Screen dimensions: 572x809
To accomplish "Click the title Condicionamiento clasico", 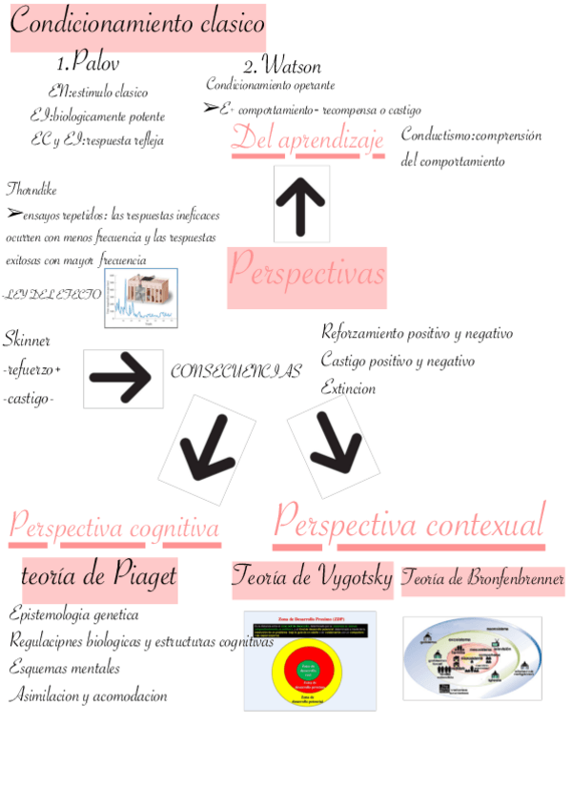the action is (137, 26).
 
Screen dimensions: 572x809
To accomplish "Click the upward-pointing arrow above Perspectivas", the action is (301, 203).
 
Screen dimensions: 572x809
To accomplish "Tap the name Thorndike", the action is (31, 186).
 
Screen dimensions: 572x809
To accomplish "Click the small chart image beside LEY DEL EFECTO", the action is (142, 298).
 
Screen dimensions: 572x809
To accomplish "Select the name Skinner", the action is (27, 340).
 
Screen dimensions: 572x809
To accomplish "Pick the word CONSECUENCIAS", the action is (235, 372).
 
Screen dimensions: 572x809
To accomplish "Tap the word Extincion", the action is (348, 388).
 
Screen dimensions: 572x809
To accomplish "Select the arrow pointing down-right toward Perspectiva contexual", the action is (329, 440).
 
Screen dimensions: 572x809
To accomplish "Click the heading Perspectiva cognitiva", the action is (114, 527).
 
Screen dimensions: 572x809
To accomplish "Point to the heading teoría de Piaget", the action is (99, 576).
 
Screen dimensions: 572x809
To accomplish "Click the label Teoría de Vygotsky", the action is (313, 576).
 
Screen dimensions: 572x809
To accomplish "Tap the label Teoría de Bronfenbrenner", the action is (482, 578).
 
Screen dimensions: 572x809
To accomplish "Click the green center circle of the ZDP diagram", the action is (309, 671).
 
